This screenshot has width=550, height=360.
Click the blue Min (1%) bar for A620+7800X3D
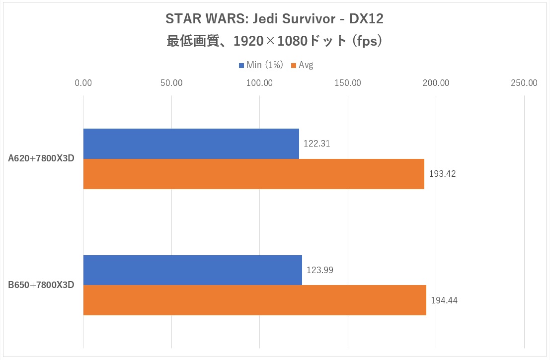pyautogui.click(x=191, y=144)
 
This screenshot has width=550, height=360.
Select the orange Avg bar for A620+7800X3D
pyautogui.click(x=253, y=174)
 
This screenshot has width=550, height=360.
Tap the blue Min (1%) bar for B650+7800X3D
pyautogui.click(x=193, y=270)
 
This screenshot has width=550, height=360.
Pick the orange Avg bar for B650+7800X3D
pyautogui.click(x=254, y=300)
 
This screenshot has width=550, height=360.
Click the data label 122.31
pyautogui.click(x=317, y=144)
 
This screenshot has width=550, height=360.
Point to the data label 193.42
pyautogui.click(x=442, y=174)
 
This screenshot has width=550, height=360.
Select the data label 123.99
pyautogui.click(x=320, y=270)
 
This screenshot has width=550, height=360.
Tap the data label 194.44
pyautogui.click(x=444, y=300)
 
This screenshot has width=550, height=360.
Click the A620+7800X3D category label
pyautogui.click(x=41, y=159)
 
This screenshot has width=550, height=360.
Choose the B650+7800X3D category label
pyautogui.click(x=41, y=285)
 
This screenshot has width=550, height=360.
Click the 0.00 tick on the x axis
pyautogui.click(x=83, y=83)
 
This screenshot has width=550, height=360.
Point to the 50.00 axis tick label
pyautogui.click(x=171, y=83)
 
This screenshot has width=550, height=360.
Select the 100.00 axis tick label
pyautogui.click(x=260, y=83)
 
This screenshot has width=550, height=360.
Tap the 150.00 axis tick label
pyautogui.click(x=348, y=83)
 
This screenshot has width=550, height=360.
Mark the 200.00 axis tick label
pyautogui.click(x=436, y=83)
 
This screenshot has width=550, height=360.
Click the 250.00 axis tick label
pyautogui.click(x=525, y=83)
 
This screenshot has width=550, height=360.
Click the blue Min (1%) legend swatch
pyautogui.click(x=242, y=65)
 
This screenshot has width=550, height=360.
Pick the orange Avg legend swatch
pyautogui.click(x=294, y=65)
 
